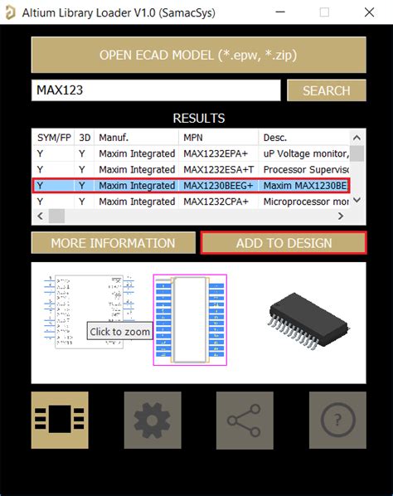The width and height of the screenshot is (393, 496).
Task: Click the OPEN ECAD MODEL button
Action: (x=198, y=55)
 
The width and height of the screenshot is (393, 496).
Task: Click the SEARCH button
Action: (x=326, y=90)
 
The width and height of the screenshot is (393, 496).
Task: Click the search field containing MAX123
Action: (x=156, y=90)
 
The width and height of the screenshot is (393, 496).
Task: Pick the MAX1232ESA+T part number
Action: (x=218, y=169)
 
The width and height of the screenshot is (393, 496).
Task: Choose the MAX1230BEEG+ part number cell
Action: (x=218, y=186)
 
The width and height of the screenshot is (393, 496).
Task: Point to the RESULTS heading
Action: (x=198, y=119)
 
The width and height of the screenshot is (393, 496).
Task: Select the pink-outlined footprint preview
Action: (x=190, y=319)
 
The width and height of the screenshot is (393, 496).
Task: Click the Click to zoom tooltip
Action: (x=120, y=331)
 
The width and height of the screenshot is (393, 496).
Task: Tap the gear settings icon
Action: (x=153, y=421)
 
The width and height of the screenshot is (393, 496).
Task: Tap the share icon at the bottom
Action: (x=245, y=421)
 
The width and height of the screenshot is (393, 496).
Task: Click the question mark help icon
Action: (x=337, y=421)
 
